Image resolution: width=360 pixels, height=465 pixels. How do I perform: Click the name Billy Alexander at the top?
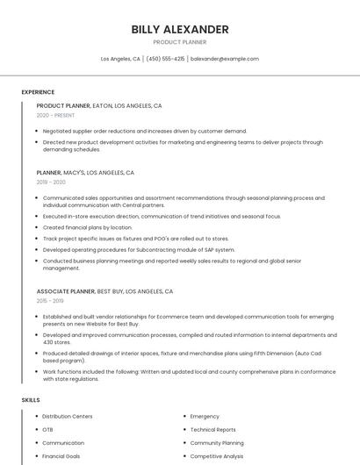point(180,29)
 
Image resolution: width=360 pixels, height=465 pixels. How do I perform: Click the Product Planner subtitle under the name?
point(180,42)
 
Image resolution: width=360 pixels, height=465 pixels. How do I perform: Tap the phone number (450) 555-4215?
point(165,59)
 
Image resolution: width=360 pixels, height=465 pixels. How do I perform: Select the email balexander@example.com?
point(225,59)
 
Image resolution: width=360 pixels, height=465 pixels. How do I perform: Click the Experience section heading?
point(38,92)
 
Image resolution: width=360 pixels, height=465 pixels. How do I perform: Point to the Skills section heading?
point(31,400)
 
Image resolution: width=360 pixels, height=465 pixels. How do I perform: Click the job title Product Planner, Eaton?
point(99,105)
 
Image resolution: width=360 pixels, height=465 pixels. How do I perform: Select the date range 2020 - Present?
point(56,116)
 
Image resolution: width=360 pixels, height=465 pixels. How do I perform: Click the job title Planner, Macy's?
point(85,173)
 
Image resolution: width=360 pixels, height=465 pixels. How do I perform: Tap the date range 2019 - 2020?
point(51,182)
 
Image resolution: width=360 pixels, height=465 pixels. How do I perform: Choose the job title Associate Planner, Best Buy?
point(104,291)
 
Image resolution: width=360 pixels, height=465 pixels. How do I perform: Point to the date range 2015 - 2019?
point(51,301)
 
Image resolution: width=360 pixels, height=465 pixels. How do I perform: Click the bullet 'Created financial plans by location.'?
point(87,227)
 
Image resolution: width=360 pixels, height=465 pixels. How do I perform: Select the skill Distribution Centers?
point(68,417)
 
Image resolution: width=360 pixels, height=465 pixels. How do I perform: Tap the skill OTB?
point(48,430)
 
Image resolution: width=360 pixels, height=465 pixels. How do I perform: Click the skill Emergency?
point(205,417)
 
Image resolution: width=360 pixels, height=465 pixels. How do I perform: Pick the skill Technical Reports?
point(212,430)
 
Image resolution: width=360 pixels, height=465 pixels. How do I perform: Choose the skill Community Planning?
point(217,443)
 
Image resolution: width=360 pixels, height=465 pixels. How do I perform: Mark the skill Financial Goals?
point(61,456)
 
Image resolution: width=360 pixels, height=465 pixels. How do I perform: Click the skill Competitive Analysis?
point(218,456)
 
